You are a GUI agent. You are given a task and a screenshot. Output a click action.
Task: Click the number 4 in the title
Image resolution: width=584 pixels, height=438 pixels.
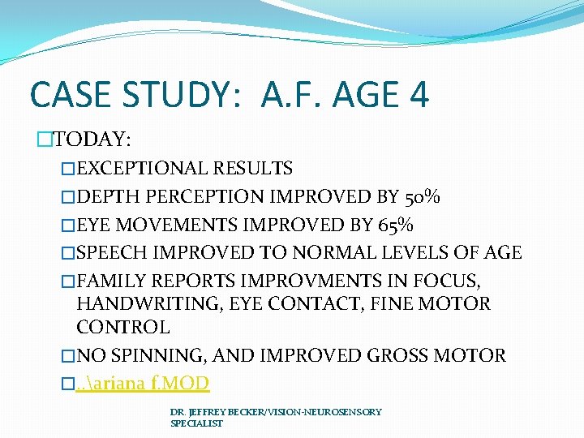(418, 95)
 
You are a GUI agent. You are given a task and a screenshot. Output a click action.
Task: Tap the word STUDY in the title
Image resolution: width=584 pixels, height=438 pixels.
(177, 95)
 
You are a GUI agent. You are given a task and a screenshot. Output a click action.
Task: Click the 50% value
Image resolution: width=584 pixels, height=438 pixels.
(422, 196)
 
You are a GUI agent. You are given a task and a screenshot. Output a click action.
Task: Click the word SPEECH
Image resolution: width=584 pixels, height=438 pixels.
(112, 252)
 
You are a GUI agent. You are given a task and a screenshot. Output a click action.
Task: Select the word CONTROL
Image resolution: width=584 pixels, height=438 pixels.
(122, 328)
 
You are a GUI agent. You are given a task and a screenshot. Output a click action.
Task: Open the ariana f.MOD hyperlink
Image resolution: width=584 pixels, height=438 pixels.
(142, 383)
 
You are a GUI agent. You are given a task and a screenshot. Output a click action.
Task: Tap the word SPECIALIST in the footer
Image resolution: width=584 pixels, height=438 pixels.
(196, 423)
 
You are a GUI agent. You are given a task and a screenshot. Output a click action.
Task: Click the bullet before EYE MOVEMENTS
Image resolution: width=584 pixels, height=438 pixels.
(69, 225)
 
